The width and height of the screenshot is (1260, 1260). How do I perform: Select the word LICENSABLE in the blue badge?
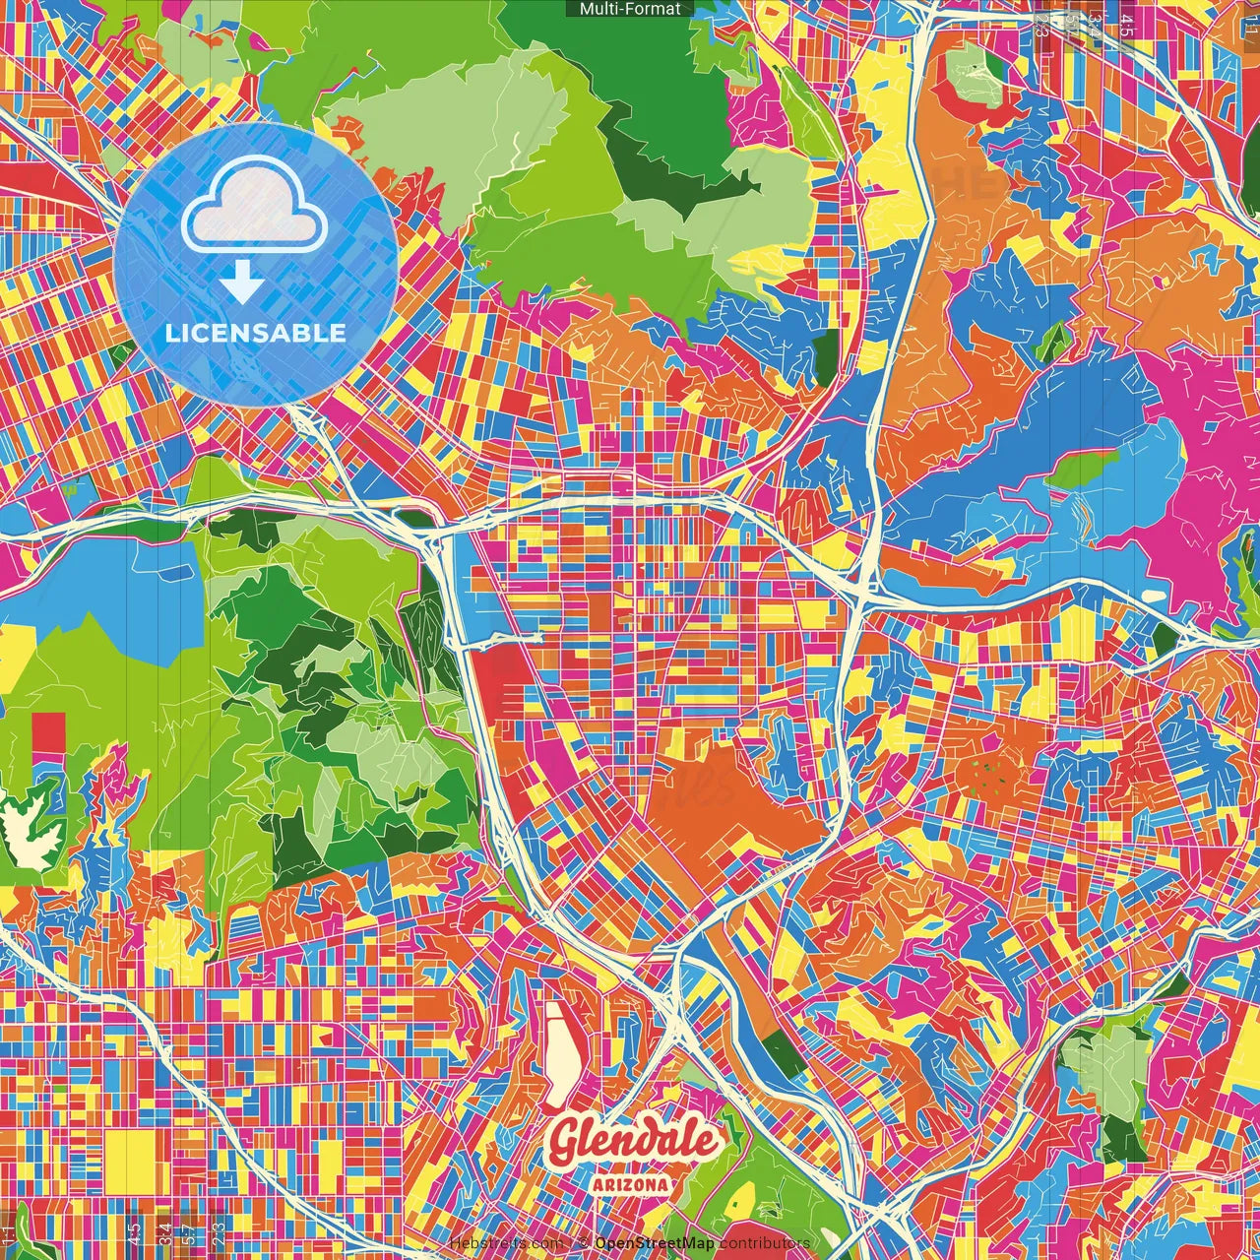tap(256, 333)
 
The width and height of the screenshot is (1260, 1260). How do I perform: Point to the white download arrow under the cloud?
tap(241, 283)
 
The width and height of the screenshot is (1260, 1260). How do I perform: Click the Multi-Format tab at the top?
tap(630, 9)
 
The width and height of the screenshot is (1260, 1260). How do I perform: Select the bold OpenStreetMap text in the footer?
tap(654, 1243)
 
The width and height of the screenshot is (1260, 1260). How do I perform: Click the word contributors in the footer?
tap(765, 1243)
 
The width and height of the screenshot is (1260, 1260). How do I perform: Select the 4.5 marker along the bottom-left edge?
tap(134, 1231)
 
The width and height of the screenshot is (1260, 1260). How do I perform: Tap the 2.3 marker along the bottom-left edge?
tap(219, 1231)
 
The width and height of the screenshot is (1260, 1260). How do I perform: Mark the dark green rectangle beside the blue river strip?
tap(784, 1053)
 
